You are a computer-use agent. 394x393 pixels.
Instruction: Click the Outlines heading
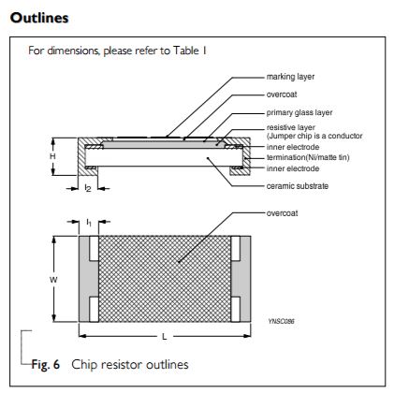pyautogui.click(x=35, y=18)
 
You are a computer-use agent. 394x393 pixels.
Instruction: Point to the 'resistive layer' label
pyautogui.click(x=290, y=126)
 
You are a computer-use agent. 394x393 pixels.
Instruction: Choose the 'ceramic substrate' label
pyautogui.click(x=298, y=185)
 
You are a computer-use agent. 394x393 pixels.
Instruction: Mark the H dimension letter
pyautogui.click(x=52, y=157)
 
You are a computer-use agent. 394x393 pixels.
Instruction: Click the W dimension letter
pyautogui.click(x=52, y=279)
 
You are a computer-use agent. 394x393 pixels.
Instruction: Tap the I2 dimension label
pyautogui.click(x=87, y=189)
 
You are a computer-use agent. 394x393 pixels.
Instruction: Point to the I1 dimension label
pyautogui.click(x=87, y=222)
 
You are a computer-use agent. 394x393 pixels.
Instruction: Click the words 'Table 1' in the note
pyautogui.click(x=178, y=51)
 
